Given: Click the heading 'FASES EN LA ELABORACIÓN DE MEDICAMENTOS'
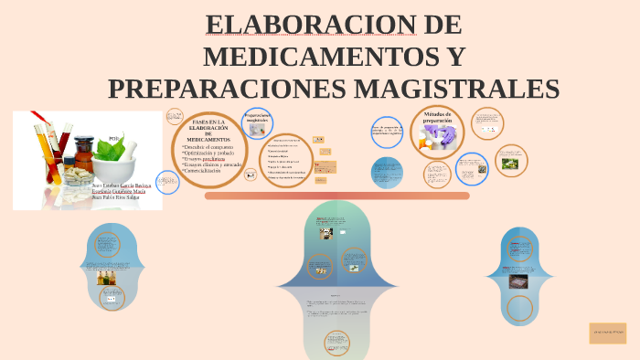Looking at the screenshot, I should [209, 130].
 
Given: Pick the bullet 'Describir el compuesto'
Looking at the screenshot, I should [208, 147].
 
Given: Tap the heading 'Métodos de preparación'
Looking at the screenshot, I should [438, 117].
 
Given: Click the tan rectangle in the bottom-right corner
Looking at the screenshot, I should [607, 333].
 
